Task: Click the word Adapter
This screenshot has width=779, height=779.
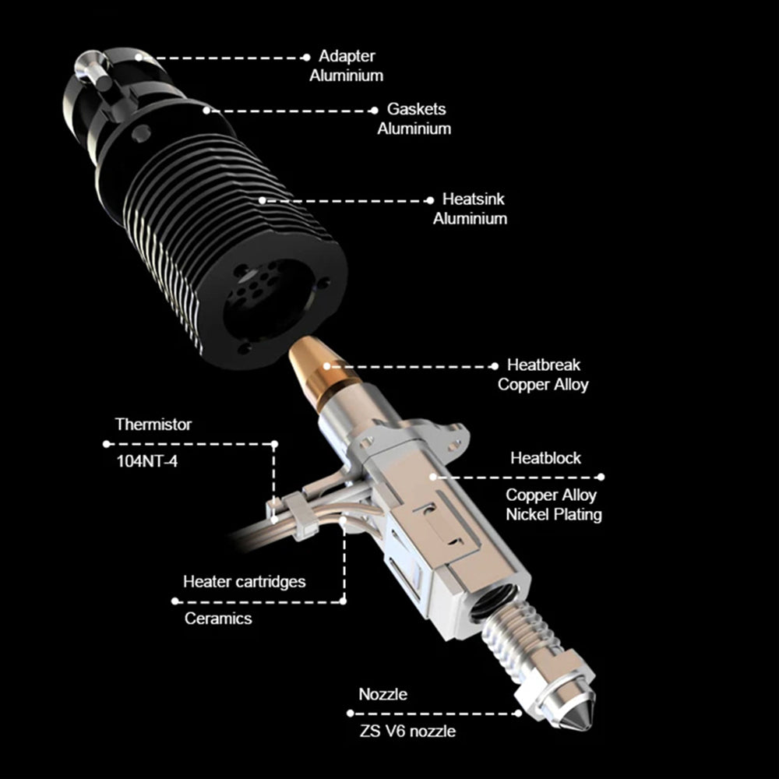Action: [347, 56]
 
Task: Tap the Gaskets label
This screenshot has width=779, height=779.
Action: [416, 109]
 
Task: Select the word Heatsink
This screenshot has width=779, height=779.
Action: [474, 199]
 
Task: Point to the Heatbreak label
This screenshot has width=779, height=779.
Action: [544, 365]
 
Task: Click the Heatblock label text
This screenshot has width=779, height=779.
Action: [545, 458]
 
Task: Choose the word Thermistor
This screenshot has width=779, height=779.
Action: [153, 425]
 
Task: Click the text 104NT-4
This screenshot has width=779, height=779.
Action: [146, 461]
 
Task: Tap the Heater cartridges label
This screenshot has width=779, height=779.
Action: [245, 582]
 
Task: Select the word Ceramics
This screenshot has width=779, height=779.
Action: [218, 619]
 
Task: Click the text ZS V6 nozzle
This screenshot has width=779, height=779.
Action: [407, 731]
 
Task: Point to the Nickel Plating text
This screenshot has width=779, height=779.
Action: [553, 515]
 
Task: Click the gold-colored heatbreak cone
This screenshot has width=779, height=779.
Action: [319, 368]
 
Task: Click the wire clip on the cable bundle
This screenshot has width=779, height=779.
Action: [302, 516]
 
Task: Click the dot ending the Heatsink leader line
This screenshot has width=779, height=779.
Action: [430, 201]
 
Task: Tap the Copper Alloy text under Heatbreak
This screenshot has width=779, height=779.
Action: [543, 385]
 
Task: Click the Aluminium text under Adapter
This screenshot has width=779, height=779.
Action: [347, 76]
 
